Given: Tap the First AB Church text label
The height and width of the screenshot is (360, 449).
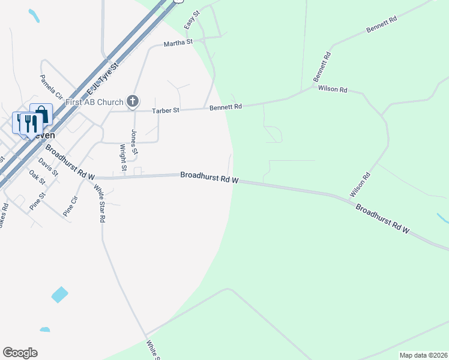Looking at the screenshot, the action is (x=95, y=102).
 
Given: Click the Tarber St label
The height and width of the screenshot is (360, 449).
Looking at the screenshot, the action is (x=166, y=110).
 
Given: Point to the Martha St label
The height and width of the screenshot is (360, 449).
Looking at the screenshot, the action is (x=178, y=43).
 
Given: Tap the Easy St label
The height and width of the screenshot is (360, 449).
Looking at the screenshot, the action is (x=191, y=21).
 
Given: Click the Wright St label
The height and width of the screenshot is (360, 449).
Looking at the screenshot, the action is (x=123, y=157).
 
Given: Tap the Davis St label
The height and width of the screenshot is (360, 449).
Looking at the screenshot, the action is (x=48, y=167).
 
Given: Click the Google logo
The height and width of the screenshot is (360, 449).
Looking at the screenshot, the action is (x=20, y=353).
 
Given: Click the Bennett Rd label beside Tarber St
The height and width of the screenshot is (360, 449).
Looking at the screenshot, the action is (x=226, y=107).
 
